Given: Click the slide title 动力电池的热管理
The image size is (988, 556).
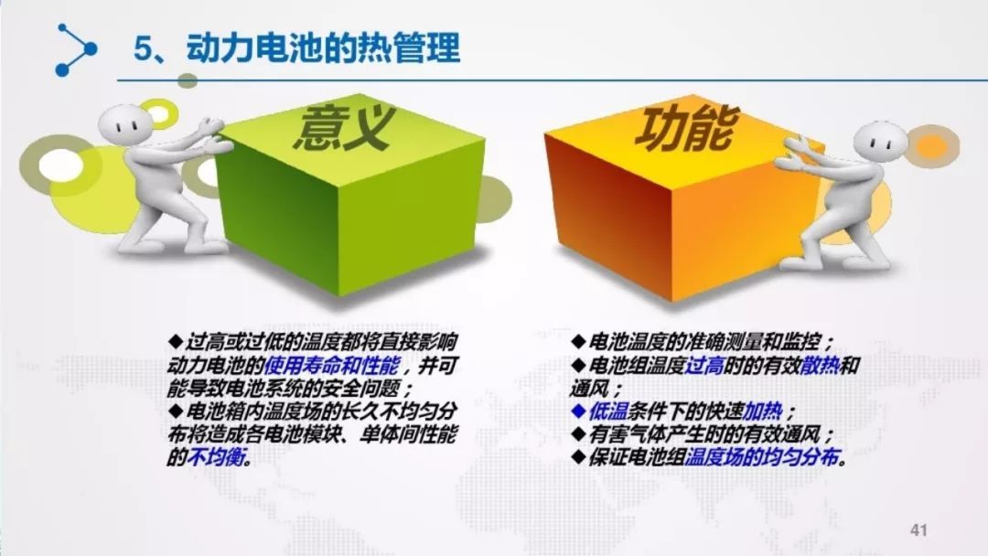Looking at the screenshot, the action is (324, 48).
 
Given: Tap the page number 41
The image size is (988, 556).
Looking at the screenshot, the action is (918, 530).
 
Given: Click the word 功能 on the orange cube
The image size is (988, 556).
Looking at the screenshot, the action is (688, 129).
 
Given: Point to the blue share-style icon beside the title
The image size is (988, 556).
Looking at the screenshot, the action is (76, 49).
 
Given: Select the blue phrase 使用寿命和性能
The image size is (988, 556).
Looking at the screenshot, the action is (331, 365).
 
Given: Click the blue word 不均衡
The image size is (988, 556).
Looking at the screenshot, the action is (215, 457).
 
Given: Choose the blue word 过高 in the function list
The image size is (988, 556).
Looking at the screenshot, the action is (703, 365).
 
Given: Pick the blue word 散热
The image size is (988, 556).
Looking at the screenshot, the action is (820, 365).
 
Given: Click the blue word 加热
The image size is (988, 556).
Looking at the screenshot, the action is (762, 412).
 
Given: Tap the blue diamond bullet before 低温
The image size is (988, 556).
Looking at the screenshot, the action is (578, 412).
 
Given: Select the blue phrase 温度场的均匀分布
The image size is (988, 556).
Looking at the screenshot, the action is (762, 457).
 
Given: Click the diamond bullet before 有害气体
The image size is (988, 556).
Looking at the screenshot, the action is (578, 434).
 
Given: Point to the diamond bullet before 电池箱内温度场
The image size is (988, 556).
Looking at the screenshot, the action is (175, 412).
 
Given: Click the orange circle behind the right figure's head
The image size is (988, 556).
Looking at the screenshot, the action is (933, 145).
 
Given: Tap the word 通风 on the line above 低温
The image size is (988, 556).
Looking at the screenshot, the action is (589, 389).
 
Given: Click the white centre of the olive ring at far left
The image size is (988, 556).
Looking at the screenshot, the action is (60, 165).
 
